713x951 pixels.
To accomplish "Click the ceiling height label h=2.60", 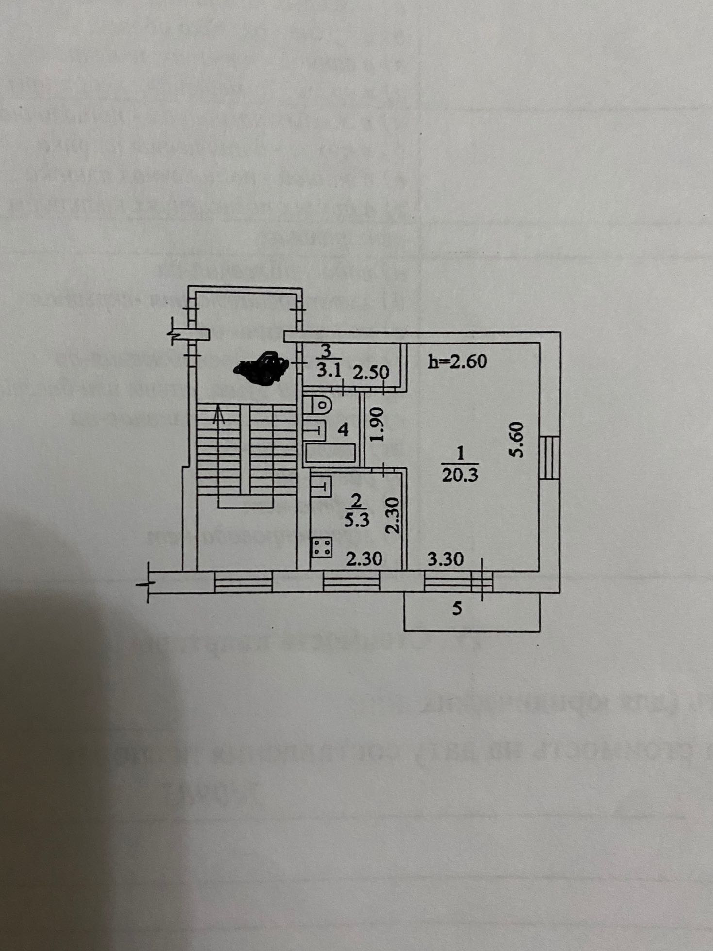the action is coord(458,361).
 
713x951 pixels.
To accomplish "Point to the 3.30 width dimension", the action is coord(445,559).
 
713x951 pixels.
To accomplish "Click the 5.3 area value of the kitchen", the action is coord(357,520).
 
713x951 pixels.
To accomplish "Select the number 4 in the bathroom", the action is coord(343,429).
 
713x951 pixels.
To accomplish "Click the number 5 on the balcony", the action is coord(457,608).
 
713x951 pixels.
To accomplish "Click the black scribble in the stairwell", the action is coord(262,365).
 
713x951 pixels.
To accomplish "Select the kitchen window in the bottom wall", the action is coord(351,581).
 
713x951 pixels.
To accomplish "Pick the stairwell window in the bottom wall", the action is coord(243,581).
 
